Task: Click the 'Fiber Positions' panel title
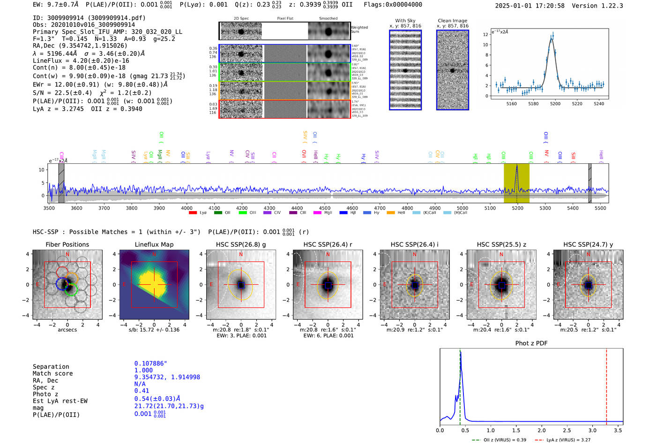click(67, 244)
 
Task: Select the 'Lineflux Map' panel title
click(154, 244)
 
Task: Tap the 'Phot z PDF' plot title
click(531, 343)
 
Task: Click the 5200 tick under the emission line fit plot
click(555, 104)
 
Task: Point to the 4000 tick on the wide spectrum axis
click(186, 208)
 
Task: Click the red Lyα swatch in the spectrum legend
click(193, 213)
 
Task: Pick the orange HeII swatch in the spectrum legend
click(391, 213)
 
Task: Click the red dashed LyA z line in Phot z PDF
click(606, 385)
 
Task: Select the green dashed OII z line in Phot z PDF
click(460, 385)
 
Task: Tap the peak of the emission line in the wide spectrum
click(517, 166)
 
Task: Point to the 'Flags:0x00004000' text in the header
click(393, 4)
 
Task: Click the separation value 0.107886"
click(150, 364)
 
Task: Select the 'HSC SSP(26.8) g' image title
click(241, 244)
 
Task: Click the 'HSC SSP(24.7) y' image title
click(588, 244)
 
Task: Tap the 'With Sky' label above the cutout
click(405, 21)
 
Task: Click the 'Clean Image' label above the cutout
click(452, 21)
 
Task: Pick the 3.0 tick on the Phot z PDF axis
click(592, 430)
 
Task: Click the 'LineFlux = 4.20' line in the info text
click(81, 61)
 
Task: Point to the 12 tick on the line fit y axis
click(486, 35)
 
